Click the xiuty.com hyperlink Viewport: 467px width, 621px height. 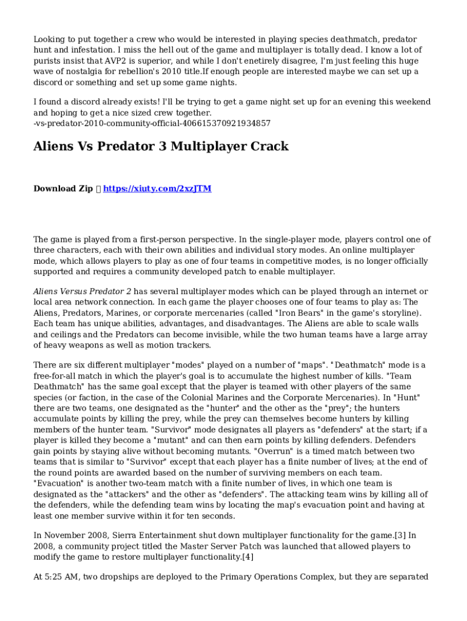tap(157, 189)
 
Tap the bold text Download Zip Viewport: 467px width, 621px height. tap(63, 189)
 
